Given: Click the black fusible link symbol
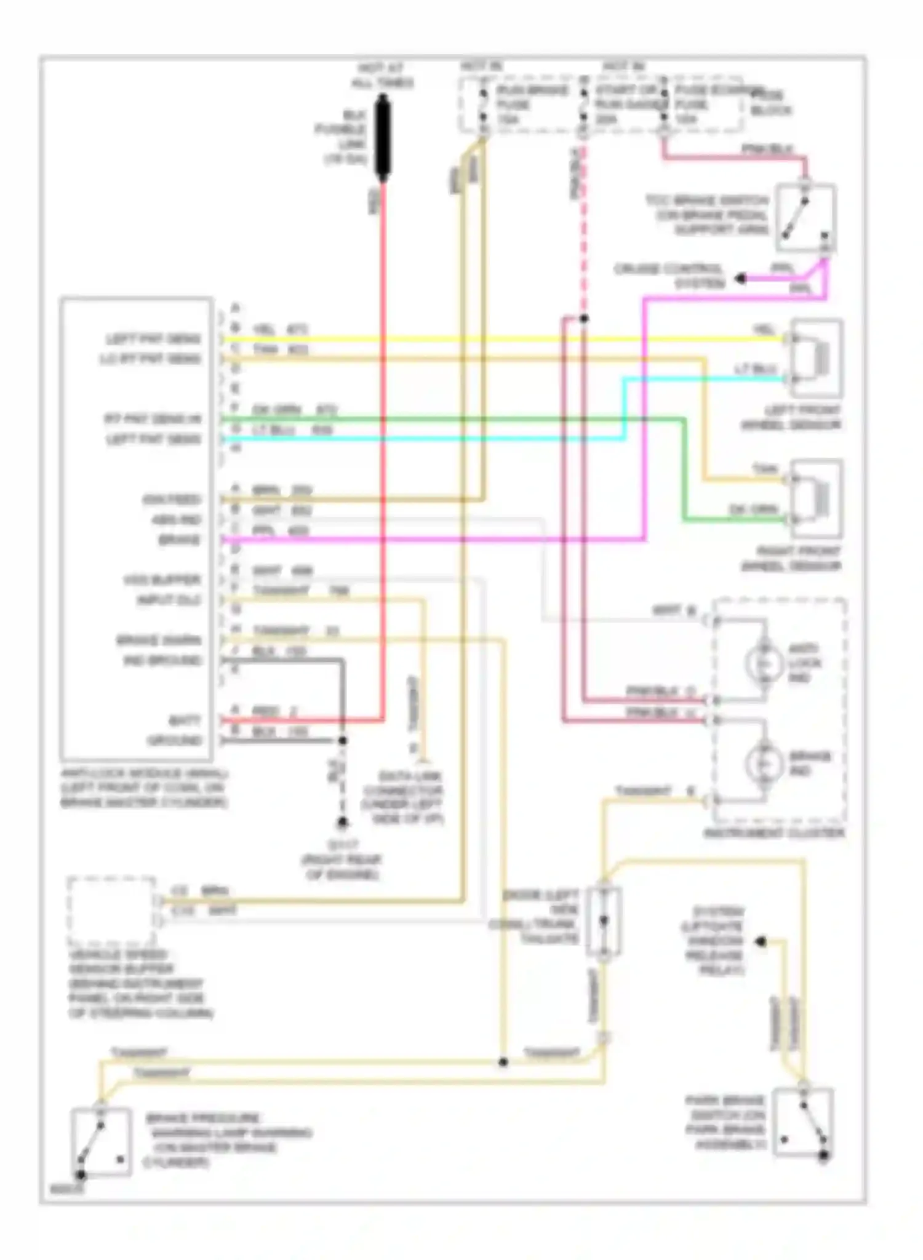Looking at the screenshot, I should click(x=383, y=138).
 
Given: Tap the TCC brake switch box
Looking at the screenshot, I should click(x=805, y=217).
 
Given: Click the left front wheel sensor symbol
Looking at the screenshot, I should click(x=816, y=358).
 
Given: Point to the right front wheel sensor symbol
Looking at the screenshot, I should click(x=816, y=499).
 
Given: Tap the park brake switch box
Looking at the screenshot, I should click(x=803, y=1123).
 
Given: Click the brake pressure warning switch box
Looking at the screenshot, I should click(x=101, y=1142).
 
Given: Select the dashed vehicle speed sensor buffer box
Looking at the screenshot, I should click(x=111, y=911).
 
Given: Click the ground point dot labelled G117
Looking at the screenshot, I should click(x=342, y=823).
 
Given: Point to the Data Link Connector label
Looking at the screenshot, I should click(x=402, y=797).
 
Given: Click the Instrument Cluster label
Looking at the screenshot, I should click(x=774, y=833).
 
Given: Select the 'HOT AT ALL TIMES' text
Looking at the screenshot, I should click(x=382, y=76).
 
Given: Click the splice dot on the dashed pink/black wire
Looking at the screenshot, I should click(x=583, y=319).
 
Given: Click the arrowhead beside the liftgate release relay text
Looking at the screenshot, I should click(x=761, y=941).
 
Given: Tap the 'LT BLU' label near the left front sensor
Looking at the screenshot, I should click(x=756, y=369).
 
